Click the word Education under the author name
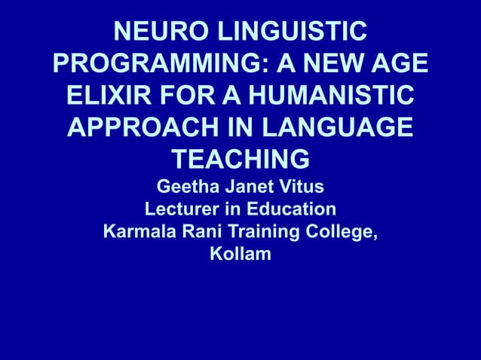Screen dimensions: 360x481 [x=293, y=209]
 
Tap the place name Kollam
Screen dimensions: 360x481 [x=240, y=255]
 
